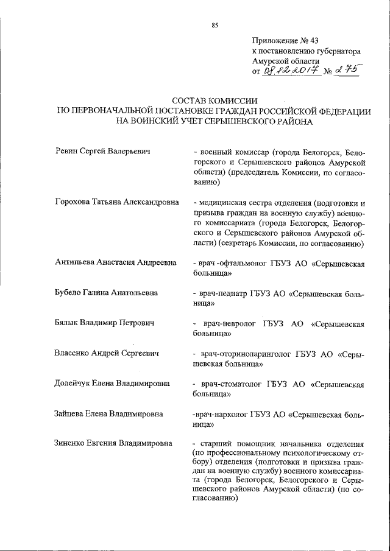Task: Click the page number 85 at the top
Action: (x=214, y=25)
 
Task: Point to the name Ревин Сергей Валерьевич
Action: (x=102, y=151)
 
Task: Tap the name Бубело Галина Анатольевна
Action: (x=107, y=293)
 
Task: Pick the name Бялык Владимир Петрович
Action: (x=104, y=323)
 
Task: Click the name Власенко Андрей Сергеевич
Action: (x=107, y=353)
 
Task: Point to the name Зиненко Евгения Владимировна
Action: (x=113, y=444)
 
